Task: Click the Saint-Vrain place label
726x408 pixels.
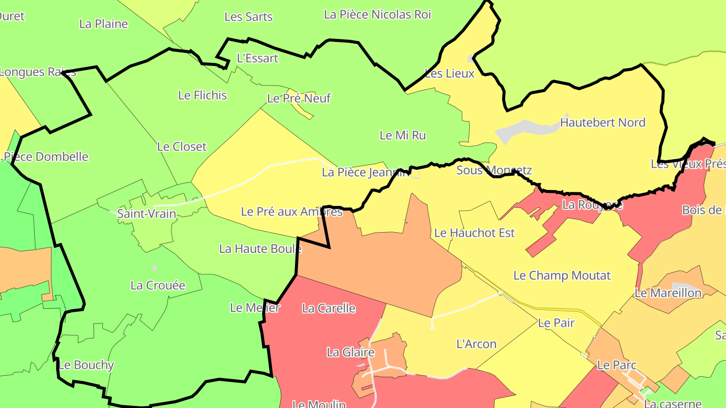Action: pyautogui.click(x=146, y=214)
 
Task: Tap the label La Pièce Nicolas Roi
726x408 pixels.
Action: pyautogui.click(x=377, y=15)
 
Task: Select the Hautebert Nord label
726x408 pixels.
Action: pyautogui.click(x=602, y=122)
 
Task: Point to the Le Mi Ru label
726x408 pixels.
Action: pyautogui.click(x=402, y=135)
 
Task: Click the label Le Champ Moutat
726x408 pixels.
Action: pyautogui.click(x=562, y=276)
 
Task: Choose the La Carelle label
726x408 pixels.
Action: pyautogui.click(x=329, y=308)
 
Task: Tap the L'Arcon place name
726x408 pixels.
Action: pyautogui.click(x=476, y=344)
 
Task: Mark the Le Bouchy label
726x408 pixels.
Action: pyautogui.click(x=86, y=365)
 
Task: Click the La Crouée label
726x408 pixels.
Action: pyautogui.click(x=158, y=285)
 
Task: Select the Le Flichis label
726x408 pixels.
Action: pyautogui.click(x=203, y=95)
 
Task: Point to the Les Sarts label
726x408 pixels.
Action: pyautogui.click(x=248, y=17)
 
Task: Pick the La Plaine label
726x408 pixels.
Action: pyautogui.click(x=104, y=24)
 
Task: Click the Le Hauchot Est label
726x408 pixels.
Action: pyautogui.click(x=474, y=233)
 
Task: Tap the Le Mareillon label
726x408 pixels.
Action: pyautogui.click(x=668, y=293)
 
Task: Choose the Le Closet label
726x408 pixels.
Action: pyautogui.click(x=182, y=147)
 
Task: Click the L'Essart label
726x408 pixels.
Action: pyautogui.click(x=257, y=58)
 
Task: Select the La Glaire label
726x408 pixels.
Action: pyautogui.click(x=350, y=352)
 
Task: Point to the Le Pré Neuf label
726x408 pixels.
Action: pyautogui.click(x=298, y=98)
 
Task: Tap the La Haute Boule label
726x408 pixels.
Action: pyautogui.click(x=260, y=248)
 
